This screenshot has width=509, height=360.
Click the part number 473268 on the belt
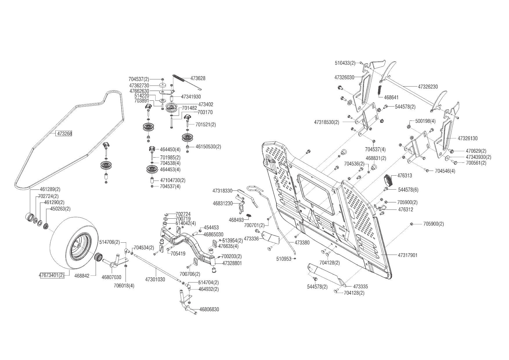point(64,134)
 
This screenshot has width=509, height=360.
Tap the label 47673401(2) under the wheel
point(52,276)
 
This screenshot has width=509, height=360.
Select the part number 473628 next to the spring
point(198,78)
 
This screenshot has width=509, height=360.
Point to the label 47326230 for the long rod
point(428,87)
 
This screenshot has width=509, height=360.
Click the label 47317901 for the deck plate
point(407,255)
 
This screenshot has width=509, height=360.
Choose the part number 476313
point(405,176)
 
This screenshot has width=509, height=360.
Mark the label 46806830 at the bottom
point(209,309)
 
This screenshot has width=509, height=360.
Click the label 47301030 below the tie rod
point(155,280)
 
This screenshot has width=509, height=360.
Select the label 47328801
point(232,263)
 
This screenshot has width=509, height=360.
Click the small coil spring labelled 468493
point(248,215)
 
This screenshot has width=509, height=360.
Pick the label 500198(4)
point(425,121)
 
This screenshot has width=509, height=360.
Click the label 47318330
point(222,191)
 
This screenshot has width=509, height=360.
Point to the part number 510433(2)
point(345,63)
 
